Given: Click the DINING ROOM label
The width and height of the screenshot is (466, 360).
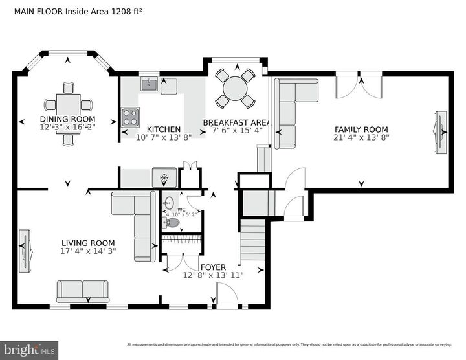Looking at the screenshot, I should pyautogui.click(x=67, y=119).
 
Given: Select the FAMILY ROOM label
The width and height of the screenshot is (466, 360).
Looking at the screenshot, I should pyautogui.click(x=361, y=129).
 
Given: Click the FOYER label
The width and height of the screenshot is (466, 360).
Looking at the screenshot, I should pyautogui.click(x=213, y=267).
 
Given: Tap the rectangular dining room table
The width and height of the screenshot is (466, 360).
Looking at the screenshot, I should pyautogui.click(x=68, y=104).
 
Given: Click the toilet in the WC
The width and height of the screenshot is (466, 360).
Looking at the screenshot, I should pyautogui.click(x=172, y=222).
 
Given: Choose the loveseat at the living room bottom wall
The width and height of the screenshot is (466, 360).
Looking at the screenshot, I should pyautogui.click(x=82, y=291).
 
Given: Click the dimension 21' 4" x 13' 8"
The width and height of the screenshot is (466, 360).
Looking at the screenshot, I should pyautogui.click(x=361, y=137).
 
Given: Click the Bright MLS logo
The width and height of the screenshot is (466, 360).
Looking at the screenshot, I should pyautogui.click(x=30, y=350).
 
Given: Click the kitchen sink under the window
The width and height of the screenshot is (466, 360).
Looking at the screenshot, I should pyautogui.click(x=150, y=83).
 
